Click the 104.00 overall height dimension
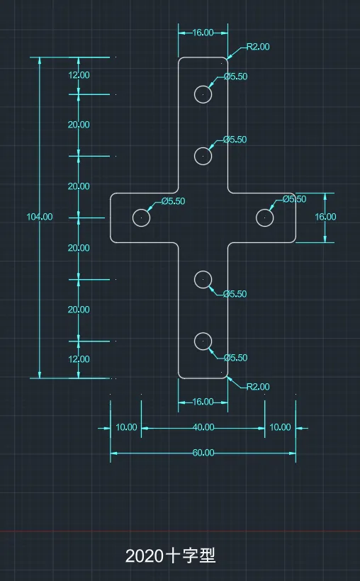point(40,217)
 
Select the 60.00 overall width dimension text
point(203,453)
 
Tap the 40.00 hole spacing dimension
point(203,427)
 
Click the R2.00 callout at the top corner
point(258,47)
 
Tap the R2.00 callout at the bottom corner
point(258,387)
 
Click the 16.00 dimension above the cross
point(203,33)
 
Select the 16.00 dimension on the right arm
point(325,217)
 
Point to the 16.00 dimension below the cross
point(203,402)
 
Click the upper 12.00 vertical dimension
point(79,75)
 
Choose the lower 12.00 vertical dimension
point(79,359)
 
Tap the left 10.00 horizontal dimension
point(126,427)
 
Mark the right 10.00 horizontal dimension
point(280,427)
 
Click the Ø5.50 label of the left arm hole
point(173,201)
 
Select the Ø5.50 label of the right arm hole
point(294,199)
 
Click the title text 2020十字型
point(171,555)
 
